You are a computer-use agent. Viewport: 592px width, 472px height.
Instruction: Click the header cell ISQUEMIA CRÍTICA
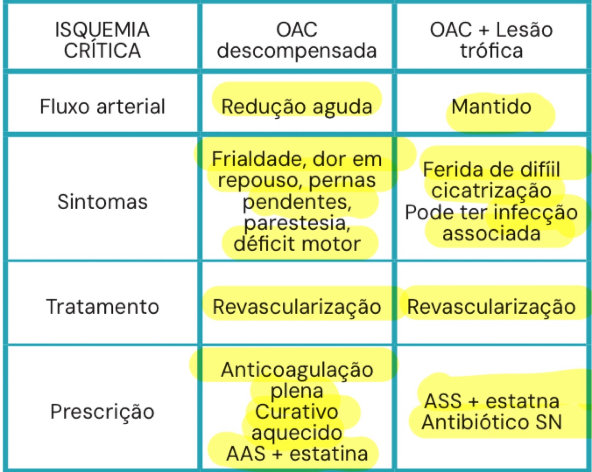coord(102,40)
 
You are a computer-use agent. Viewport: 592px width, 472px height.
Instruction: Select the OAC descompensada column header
coord(296,40)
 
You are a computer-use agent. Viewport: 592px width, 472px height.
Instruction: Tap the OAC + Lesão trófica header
coord(491,40)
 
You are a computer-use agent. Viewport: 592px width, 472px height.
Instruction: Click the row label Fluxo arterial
coord(102,107)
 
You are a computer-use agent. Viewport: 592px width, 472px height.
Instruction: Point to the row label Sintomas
coord(102,202)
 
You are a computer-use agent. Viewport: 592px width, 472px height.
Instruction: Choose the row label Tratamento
coord(102,307)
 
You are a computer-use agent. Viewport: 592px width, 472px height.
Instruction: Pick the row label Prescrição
coord(102,411)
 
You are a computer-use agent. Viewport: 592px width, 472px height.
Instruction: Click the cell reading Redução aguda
coord(296,107)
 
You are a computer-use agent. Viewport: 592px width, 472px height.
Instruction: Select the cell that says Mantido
coord(491,107)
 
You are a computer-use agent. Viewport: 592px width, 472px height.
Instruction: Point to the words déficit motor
coord(297,244)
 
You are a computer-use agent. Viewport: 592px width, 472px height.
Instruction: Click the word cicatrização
coord(491,191)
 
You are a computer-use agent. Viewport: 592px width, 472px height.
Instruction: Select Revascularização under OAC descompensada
coord(296,307)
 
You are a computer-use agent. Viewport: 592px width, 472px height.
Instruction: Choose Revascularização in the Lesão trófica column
coord(491,307)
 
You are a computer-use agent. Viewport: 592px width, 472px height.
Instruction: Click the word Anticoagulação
coord(297,370)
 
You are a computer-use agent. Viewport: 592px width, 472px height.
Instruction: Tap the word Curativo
coord(296,412)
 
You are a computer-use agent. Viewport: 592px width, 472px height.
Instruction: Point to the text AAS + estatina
coord(297,453)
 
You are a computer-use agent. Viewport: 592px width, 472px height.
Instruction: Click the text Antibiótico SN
coord(491,422)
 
